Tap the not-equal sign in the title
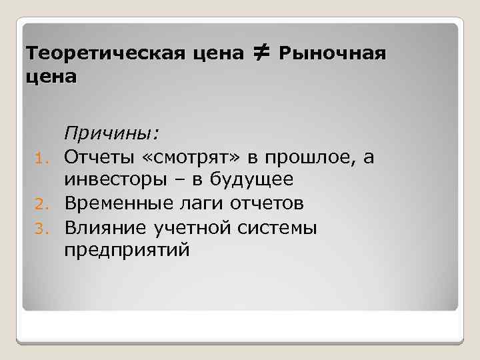coord(260,51)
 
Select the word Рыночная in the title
coord(331,53)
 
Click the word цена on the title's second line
coord(50,77)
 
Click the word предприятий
coord(127,251)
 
